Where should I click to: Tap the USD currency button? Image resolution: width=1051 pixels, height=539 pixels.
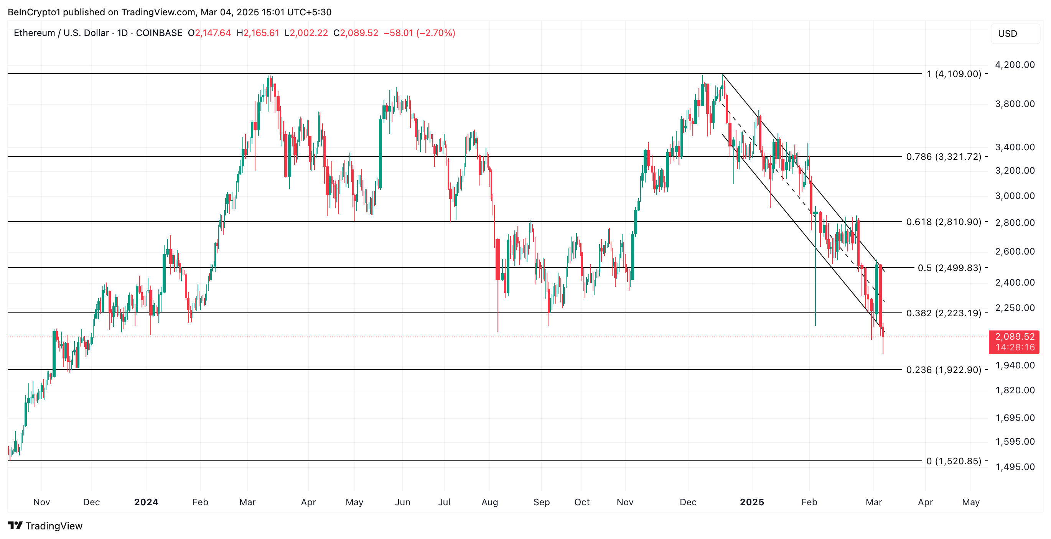click(1007, 34)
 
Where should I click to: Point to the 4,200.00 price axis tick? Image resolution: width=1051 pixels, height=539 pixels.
click(1015, 65)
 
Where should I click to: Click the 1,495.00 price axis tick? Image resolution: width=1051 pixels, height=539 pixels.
click(1015, 467)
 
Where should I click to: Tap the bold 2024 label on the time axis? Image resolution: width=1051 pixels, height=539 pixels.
click(146, 502)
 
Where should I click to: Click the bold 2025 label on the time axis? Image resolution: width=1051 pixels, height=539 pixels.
click(751, 502)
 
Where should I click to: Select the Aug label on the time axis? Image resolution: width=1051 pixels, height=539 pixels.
click(489, 502)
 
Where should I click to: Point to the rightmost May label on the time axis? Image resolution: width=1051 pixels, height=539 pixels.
click(970, 502)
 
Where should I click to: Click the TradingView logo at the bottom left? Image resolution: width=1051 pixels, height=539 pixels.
click(45, 526)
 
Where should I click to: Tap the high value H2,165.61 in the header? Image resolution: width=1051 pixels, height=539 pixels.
click(258, 33)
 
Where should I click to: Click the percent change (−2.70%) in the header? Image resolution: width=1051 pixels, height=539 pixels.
click(436, 33)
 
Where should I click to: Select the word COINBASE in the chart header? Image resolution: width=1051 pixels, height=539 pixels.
click(159, 33)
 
